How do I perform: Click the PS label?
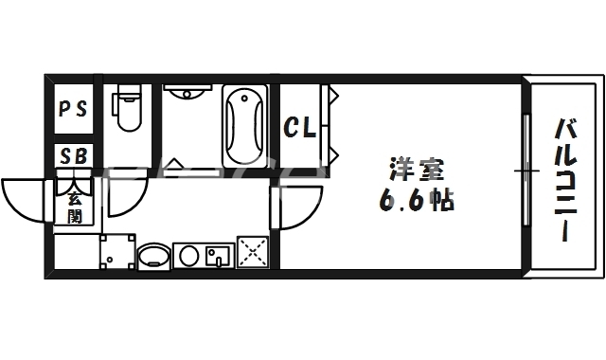tap(73, 108)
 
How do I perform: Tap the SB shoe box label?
tap(73, 155)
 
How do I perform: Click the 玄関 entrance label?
tap(74, 207)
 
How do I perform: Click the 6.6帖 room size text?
tap(417, 201)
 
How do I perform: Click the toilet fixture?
tap(126, 112)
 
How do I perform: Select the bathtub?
tap(246, 126)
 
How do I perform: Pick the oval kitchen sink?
tap(154, 255)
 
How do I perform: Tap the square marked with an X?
tap(253, 252)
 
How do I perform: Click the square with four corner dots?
tap(117, 252)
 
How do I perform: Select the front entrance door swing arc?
tap(24, 199)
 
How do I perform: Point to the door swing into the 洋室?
tap(296, 204)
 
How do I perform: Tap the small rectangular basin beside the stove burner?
tap(217, 254)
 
